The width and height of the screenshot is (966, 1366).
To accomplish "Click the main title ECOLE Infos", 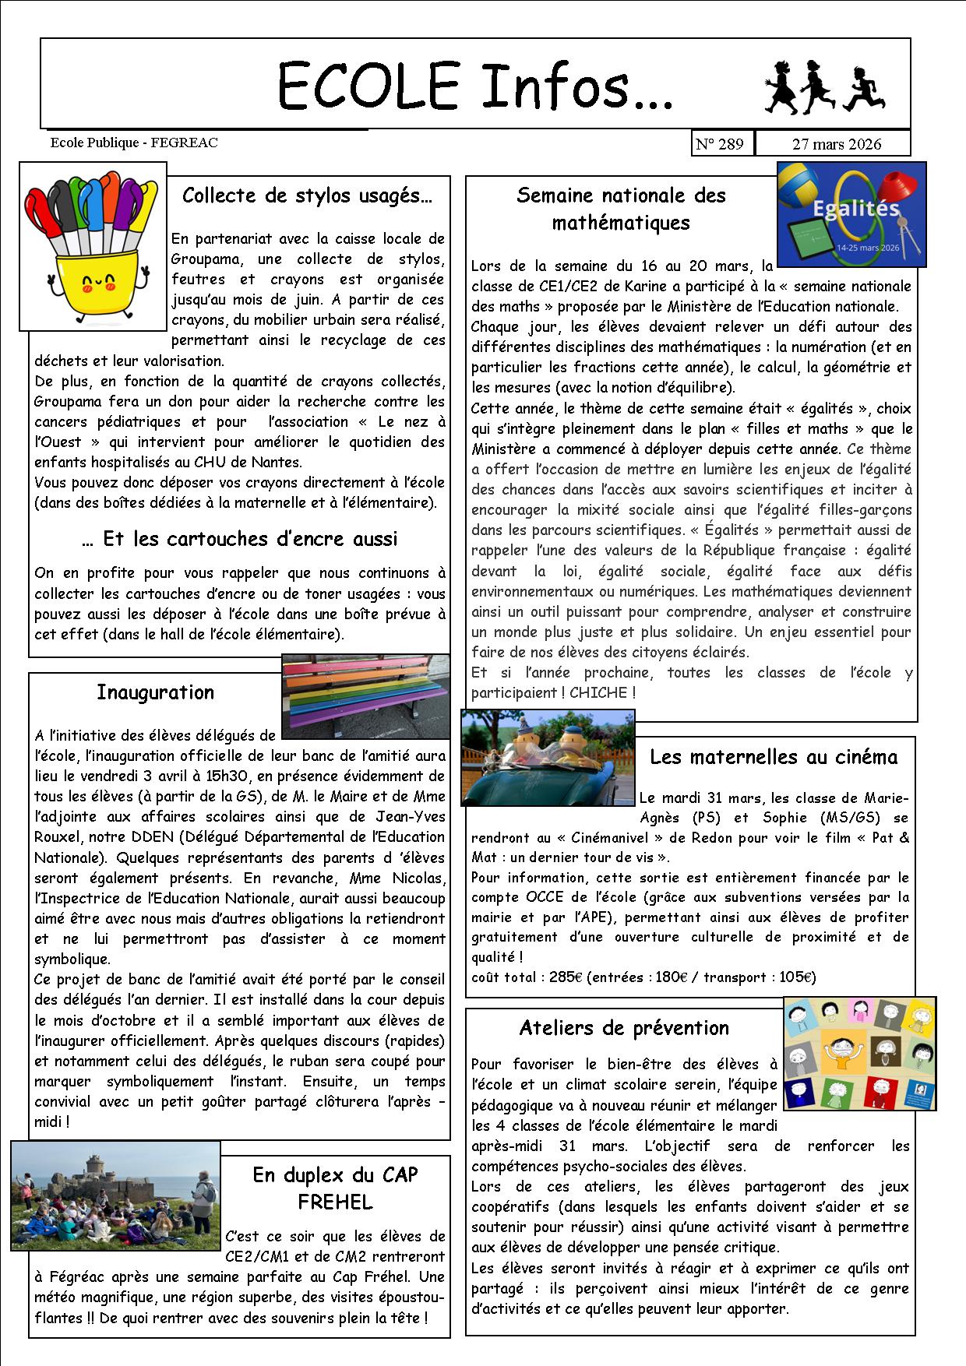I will (x=475, y=86).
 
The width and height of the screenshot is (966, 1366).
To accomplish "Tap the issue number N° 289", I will (x=720, y=144).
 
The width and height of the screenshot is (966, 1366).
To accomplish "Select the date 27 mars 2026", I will (x=836, y=144).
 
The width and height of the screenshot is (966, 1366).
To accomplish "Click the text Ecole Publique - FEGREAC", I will (x=133, y=143).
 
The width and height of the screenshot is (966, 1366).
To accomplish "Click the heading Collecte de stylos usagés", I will (x=306, y=195).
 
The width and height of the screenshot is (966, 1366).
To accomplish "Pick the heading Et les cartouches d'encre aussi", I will (x=239, y=539).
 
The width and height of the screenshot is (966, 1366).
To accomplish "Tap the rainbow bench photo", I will (x=365, y=696).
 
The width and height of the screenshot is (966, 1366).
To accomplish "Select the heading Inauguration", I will (x=155, y=692).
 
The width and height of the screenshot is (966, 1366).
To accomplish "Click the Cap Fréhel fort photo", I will (x=115, y=1195).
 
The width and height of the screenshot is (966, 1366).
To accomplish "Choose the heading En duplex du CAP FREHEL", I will (x=335, y=1188).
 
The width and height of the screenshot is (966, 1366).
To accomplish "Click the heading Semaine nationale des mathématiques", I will (x=621, y=209).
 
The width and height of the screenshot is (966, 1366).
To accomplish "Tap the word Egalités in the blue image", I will (x=845, y=209).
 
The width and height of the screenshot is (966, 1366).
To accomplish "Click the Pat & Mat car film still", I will (x=548, y=758).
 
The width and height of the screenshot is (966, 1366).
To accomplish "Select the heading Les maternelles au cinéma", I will (x=773, y=757).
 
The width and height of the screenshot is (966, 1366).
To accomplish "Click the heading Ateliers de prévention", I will (x=624, y=1028).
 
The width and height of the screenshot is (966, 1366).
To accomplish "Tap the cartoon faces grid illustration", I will (x=859, y=1053).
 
